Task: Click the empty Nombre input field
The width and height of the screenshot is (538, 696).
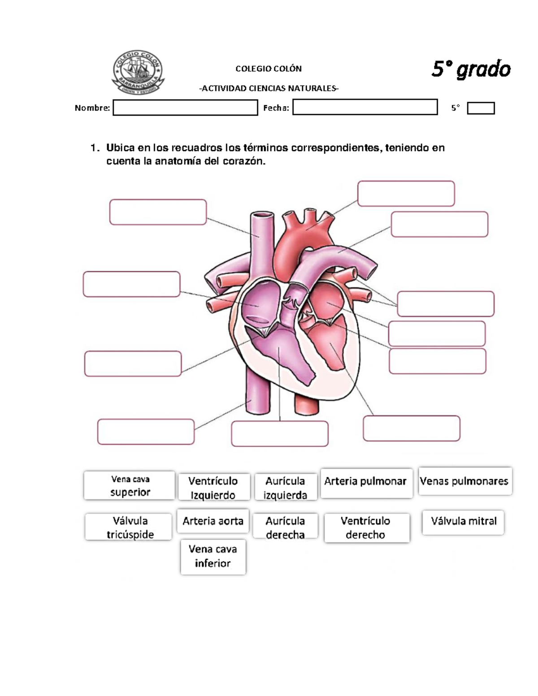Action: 185,108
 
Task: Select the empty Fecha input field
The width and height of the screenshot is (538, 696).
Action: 365,108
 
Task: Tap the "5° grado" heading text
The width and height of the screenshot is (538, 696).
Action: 471,69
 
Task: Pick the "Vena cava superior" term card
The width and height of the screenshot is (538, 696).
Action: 130,485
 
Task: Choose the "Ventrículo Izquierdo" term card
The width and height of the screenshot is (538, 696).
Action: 213,488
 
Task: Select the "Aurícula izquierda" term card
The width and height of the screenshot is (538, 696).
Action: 285,488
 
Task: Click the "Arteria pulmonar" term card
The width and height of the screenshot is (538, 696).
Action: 365,482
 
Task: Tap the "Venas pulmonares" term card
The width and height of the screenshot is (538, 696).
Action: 464,481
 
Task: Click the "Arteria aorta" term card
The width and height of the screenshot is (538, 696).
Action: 213,521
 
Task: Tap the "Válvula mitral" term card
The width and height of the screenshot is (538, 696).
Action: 464,522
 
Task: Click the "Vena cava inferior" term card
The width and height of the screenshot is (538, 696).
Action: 213,556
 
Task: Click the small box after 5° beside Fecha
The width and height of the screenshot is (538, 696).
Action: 481,108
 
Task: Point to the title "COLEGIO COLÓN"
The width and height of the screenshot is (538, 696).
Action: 269,69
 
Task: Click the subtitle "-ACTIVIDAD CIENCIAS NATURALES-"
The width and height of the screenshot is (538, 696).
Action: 269,88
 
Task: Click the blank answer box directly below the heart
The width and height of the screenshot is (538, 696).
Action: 280,434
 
